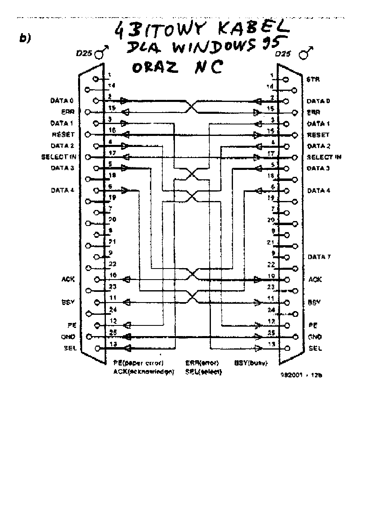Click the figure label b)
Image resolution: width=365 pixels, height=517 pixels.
tap(25, 38)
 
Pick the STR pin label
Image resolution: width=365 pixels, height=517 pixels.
tap(313, 79)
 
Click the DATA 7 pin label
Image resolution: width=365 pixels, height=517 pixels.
tap(319, 257)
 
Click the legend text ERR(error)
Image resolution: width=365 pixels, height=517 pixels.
tap(202, 363)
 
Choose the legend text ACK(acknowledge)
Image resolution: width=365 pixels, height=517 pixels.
tap(143, 372)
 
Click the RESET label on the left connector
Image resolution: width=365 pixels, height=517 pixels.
tap(63, 134)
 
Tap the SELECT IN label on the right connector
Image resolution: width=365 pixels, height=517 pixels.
tap(324, 157)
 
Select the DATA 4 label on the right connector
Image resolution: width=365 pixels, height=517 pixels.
tap(319, 191)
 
